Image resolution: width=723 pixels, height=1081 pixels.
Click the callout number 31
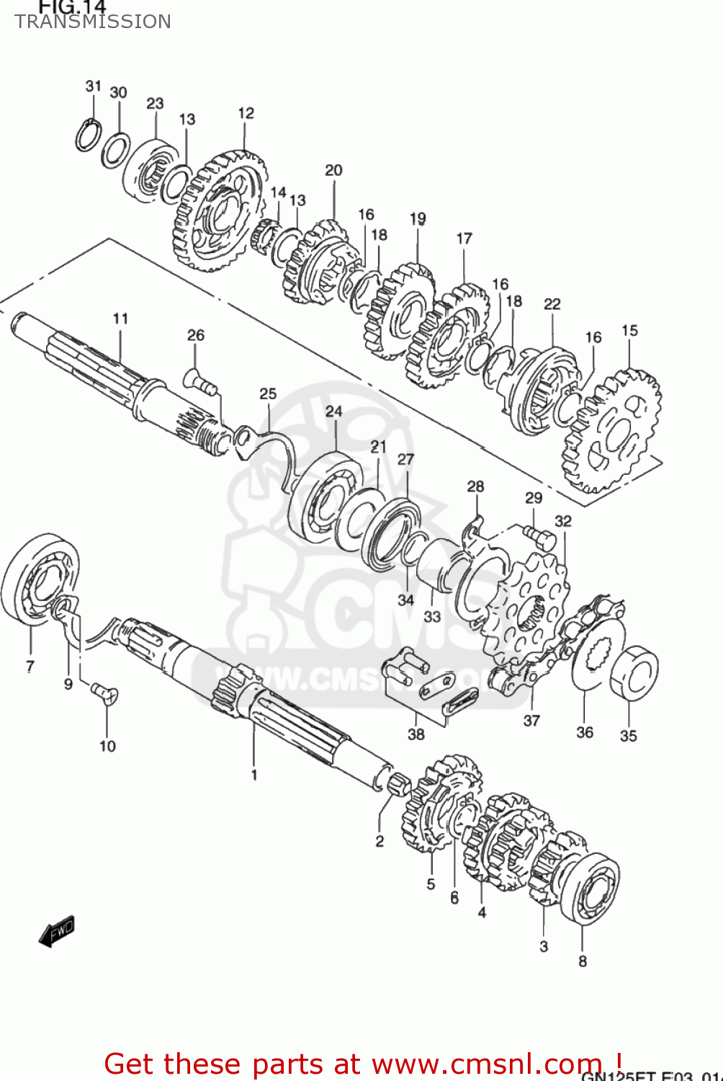[94, 86]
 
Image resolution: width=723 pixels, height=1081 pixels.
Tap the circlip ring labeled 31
[86, 135]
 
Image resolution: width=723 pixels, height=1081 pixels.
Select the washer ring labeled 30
[115, 150]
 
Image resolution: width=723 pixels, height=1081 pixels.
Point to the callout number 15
[629, 331]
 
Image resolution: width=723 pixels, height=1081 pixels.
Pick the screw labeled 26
[199, 381]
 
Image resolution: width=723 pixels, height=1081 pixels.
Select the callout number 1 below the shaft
[253, 775]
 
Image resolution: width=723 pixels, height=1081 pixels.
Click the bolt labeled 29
[539, 535]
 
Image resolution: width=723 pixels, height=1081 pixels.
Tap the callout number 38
[416, 734]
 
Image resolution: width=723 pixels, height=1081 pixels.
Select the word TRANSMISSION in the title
[93, 22]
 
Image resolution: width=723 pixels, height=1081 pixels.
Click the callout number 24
[334, 412]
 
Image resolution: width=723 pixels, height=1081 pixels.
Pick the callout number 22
[552, 304]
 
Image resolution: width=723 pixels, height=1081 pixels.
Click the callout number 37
[531, 721]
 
